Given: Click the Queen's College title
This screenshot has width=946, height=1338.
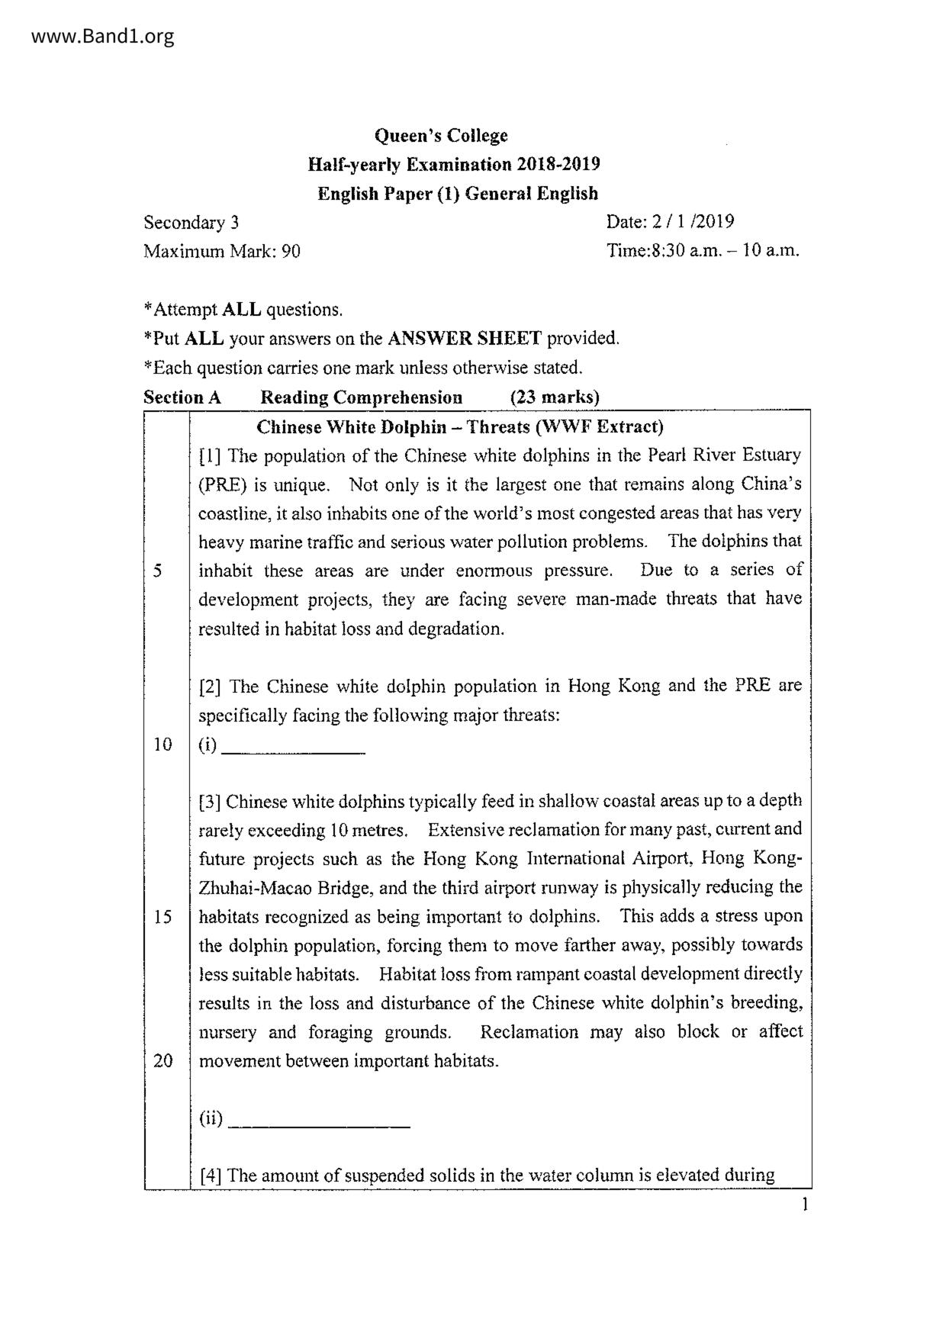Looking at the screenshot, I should coord(440,136).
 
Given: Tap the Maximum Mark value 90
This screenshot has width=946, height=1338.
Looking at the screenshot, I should coord(291,251).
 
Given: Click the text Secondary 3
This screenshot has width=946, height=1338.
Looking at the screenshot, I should coord(191,223).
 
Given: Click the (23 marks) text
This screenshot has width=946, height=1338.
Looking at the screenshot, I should coord(555,397).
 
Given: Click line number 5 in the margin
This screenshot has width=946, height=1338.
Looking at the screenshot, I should coord(158,571).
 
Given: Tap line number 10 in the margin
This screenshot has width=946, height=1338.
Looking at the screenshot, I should coord(162,745).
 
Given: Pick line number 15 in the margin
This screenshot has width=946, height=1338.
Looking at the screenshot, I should coord(162,916).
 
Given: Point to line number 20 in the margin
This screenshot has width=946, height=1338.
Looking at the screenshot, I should coord(162,1060).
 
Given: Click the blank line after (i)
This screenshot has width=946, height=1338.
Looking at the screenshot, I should coord(293,751).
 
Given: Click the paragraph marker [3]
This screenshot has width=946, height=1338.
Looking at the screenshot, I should coord(210,802).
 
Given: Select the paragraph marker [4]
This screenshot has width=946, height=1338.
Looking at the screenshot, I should coord(211,1176).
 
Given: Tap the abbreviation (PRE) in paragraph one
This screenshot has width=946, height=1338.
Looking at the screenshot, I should coord(221,485).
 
